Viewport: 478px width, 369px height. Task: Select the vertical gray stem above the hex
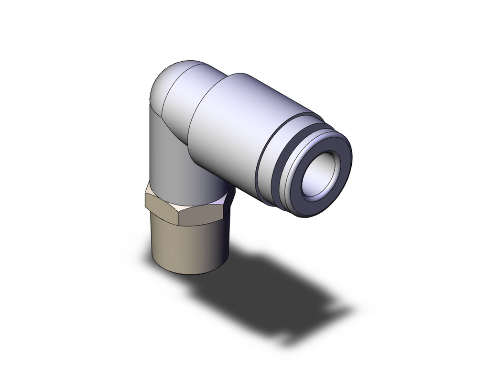tap(167, 153)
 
